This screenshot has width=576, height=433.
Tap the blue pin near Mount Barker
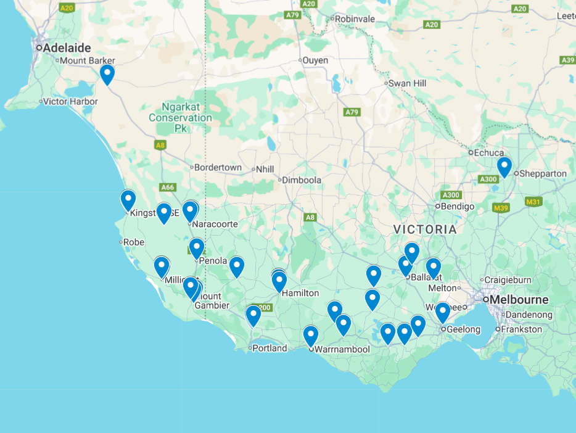tap(107, 75)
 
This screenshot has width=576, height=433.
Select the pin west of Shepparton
tap(504, 167)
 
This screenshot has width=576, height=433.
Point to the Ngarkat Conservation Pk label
tap(180, 117)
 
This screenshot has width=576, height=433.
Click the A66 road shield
tap(167, 187)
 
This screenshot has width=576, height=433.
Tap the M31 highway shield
tap(533, 202)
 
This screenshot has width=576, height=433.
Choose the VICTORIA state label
tap(426, 229)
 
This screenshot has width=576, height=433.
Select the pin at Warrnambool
tap(311, 336)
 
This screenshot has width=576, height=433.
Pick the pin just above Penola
tap(197, 248)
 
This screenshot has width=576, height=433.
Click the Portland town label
tap(270, 348)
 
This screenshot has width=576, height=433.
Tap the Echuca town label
tap(488, 152)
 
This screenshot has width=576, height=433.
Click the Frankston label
tap(522, 329)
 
